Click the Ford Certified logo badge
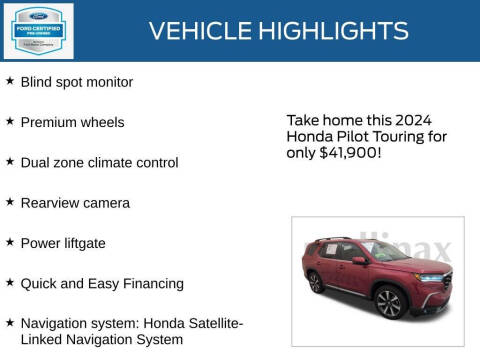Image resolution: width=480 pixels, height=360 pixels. [x=39, y=30]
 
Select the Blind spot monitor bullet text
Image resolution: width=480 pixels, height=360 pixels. [x=77, y=82]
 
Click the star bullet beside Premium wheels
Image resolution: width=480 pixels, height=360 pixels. [x=10, y=121]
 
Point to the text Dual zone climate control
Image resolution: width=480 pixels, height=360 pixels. [x=100, y=162]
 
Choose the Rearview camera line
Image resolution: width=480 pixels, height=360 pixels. [x=75, y=203]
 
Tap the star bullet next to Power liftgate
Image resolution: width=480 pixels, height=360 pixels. [x=10, y=242]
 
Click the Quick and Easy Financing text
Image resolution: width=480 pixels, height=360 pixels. [x=102, y=283]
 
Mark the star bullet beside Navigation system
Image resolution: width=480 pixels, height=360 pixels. [x=10, y=323]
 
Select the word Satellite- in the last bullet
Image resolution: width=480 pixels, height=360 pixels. [x=207, y=323]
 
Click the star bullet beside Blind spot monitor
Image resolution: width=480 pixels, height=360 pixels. [x=10, y=81]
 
